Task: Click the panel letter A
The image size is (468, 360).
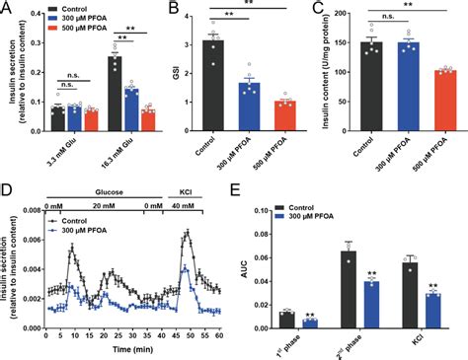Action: coord(8,9)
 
